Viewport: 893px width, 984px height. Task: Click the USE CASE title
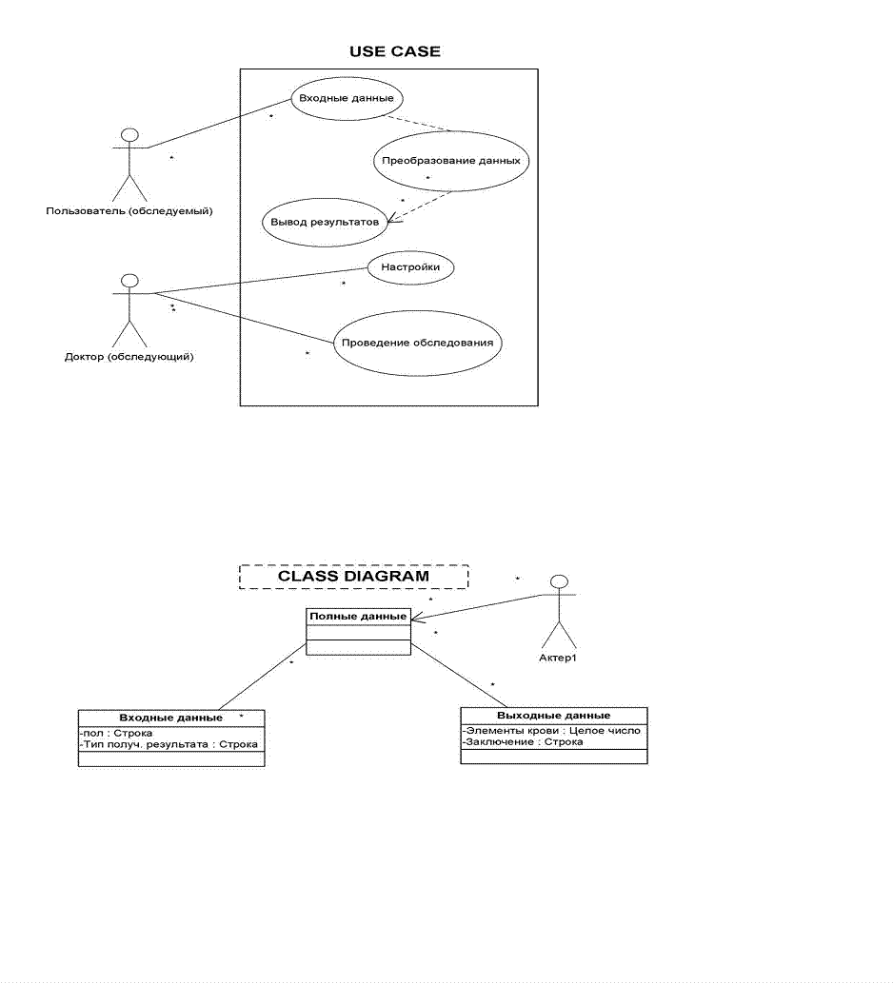(x=395, y=51)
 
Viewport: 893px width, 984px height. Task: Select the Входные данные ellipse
(x=345, y=98)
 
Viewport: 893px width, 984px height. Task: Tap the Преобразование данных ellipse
(x=451, y=161)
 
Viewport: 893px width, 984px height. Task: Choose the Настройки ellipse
(x=410, y=268)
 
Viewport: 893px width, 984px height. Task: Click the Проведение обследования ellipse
(x=418, y=343)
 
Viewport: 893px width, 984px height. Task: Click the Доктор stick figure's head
(x=130, y=281)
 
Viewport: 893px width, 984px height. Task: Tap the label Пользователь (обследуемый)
(x=129, y=210)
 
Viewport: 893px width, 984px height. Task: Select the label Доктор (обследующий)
(x=129, y=357)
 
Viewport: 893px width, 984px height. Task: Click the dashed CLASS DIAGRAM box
(x=353, y=577)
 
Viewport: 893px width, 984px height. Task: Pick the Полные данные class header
(x=358, y=616)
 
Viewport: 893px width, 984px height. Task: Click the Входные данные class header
(x=171, y=718)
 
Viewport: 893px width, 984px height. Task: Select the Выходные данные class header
(x=554, y=716)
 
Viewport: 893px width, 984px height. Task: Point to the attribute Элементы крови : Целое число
(x=552, y=731)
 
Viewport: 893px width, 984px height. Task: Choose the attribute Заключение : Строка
(x=523, y=742)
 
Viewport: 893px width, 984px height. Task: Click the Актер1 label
(x=559, y=658)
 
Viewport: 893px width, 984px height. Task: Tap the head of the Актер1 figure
(x=560, y=581)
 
